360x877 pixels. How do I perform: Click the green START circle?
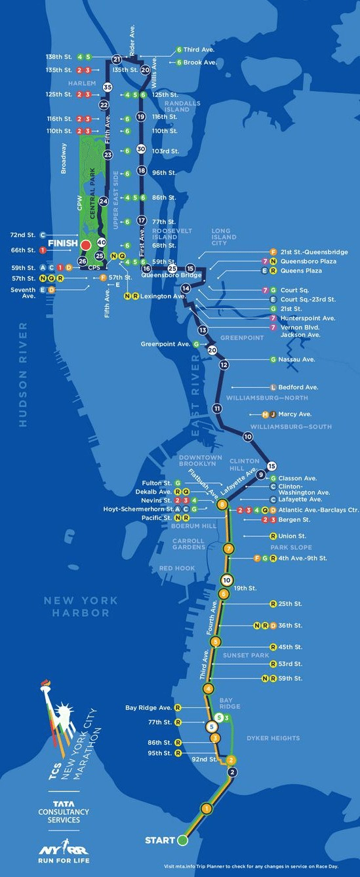click(183, 840)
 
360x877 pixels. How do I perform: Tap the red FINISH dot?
click(85, 244)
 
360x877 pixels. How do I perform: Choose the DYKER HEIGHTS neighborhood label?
click(273, 738)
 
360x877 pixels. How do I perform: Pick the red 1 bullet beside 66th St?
click(43, 250)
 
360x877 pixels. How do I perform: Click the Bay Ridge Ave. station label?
click(148, 708)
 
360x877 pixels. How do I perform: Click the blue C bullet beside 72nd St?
click(43, 234)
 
